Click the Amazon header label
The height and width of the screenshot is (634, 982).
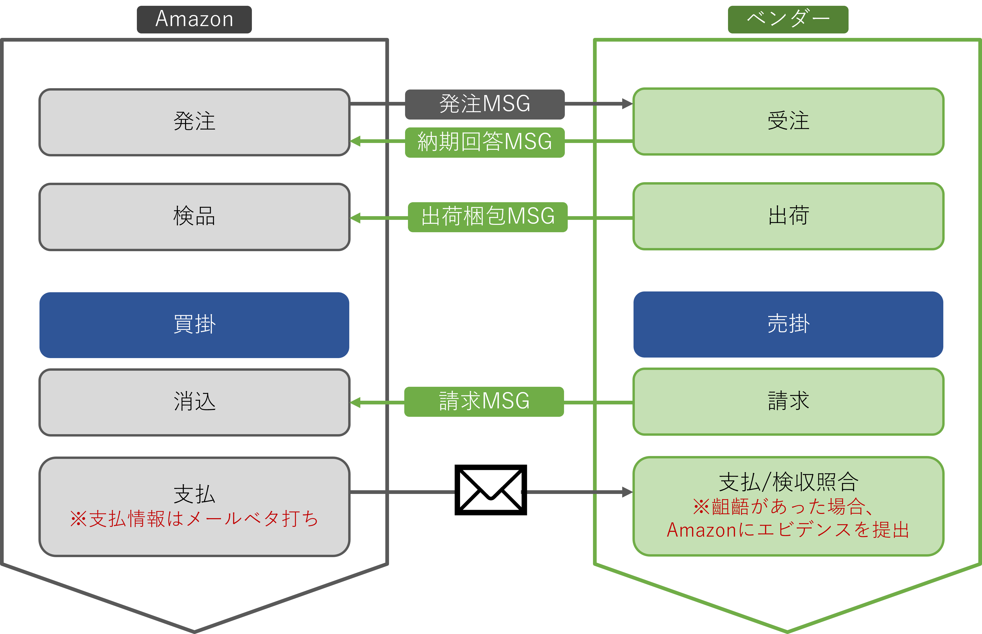(x=194, y=19)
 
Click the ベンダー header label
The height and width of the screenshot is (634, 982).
(x=788, y=19)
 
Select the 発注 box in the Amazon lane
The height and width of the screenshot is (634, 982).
(x=194, y=122)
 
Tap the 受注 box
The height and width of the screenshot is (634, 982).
(x=788, y=121)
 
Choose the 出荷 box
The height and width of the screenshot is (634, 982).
(x=788, y=216)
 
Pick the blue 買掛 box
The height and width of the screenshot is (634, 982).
(x=194, y=325)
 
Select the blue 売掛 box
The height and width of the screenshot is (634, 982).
(x=788, y=324)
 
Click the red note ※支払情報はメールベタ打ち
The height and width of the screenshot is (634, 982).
(x=194, y=519)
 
